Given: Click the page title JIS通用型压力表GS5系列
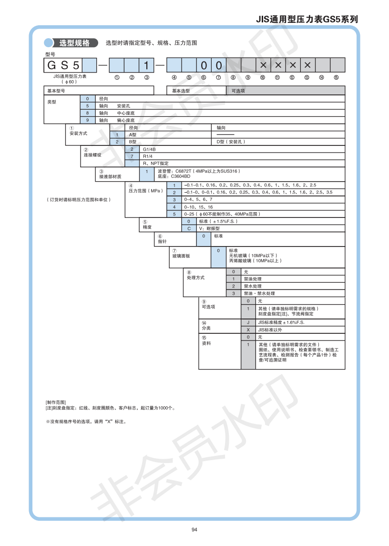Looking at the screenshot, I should [307, 20].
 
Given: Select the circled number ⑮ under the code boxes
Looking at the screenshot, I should [337, 77].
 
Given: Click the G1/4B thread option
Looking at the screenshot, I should [149, 149].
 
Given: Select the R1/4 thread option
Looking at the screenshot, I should [147, 156].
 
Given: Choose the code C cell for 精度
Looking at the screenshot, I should [189, 228].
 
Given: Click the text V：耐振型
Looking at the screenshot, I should [211, 228].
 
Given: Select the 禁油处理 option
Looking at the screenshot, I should [253, 279].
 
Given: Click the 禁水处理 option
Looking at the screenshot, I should [253, 286].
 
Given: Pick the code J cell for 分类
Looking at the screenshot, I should [248, 322].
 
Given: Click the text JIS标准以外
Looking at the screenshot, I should [270, 330].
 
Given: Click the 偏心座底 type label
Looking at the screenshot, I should [125, 120].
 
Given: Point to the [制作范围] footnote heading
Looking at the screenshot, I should [56, 403].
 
